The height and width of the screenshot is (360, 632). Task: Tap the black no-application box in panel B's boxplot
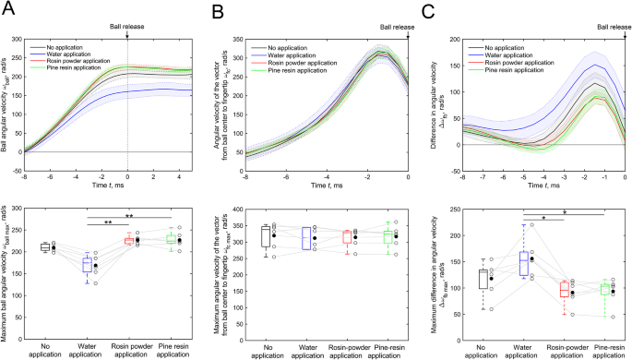point(267,235)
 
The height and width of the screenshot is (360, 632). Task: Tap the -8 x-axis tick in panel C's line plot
point(461,177)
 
